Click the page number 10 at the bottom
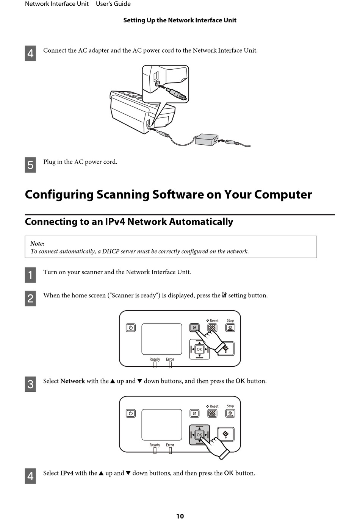pos(180,516)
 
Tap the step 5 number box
pos(30,165)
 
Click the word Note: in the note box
pos(37,244)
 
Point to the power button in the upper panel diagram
pos(131,327)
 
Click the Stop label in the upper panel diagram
pos(230,320)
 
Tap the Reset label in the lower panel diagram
pos(214,406)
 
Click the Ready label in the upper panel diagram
pos(155,359)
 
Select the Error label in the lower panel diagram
pos(170,445)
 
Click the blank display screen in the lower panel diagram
pos(162,425)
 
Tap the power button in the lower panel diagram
pos(131,413)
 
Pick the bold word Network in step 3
pos(73,381)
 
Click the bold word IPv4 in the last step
pos(67,473)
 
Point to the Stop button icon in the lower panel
pos(230,413)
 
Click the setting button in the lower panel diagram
pos(194,413)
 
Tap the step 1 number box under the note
pos(30,275)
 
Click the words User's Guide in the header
pos(113,4)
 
